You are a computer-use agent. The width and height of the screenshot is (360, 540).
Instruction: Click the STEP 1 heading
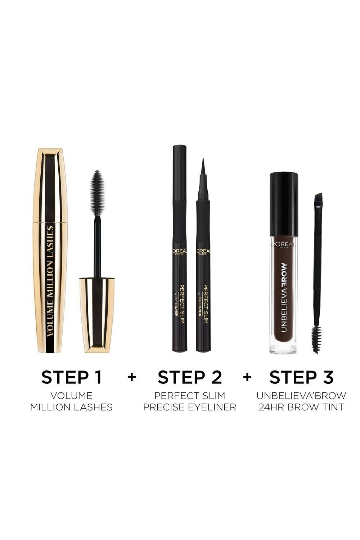click(71, 377)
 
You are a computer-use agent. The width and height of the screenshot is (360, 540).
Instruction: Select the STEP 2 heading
click(190, 377)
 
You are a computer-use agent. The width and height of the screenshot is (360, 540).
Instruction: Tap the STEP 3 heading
click(301, 377)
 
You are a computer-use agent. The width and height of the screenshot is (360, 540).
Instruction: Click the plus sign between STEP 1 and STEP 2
click(132, 377)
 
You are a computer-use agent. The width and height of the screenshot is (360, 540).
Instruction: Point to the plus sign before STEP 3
click(247, 377)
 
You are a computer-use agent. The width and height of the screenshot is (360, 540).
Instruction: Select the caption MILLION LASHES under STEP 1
click(71, 407)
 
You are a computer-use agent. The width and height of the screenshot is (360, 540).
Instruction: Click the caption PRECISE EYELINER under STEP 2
click(190, 407)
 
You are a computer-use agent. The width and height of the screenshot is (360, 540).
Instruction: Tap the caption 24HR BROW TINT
click(301, 407)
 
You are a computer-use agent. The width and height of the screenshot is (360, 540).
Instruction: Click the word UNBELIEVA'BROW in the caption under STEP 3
click(301, 396)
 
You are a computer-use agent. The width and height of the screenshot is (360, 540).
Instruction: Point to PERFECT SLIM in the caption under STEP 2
click(190, 396)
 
